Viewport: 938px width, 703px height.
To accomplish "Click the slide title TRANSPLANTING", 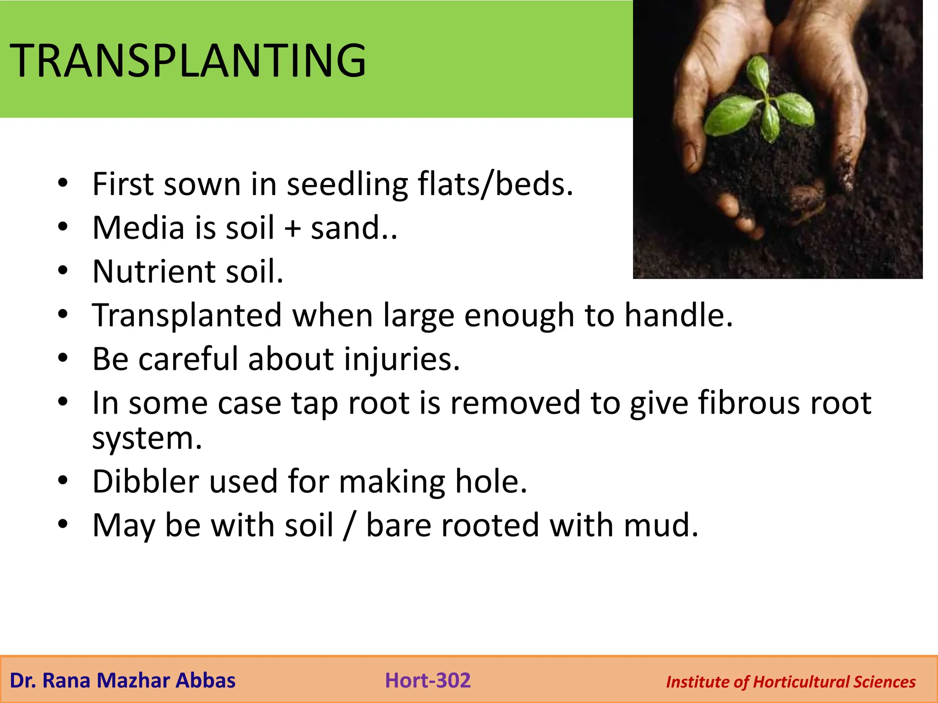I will point(188,60).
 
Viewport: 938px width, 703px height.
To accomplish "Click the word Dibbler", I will point(146,481).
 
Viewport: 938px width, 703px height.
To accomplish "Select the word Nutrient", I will point(154,272).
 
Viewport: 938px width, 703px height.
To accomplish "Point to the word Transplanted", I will point(187,316).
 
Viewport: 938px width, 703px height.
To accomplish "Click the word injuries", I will point(401,359).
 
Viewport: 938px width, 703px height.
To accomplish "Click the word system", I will point(147,438).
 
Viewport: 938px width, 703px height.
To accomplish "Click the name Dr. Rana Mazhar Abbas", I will point(122,681).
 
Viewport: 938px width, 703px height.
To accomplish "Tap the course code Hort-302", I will point(428,681).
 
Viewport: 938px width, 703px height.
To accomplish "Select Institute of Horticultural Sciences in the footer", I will point(791,682).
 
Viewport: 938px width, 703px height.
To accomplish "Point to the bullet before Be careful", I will point(63,357).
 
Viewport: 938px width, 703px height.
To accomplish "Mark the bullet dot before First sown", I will point(63,183).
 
